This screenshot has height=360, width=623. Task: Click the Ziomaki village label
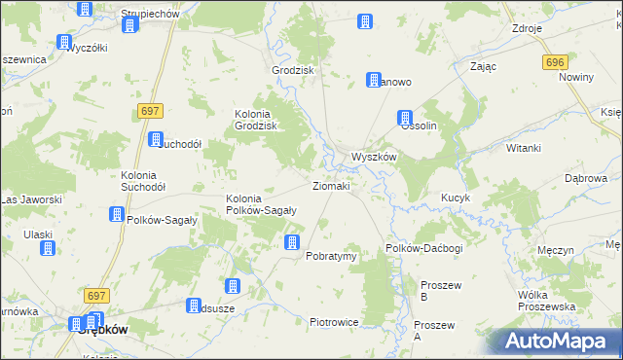(x=331, y=185)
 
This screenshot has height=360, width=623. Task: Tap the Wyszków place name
(x=373, y=157)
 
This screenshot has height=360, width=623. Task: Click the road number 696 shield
(x=555, y=62)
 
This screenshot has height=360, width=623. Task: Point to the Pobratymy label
(x=332, y=256)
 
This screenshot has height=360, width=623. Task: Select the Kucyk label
(x=456, y=198)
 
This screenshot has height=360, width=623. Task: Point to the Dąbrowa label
(x=586, y=179)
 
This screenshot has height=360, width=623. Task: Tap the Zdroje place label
(x=527, y=29)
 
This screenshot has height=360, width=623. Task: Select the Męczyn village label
(x=556, y=250)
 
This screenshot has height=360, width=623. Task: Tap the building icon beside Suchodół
(x=155, y=140)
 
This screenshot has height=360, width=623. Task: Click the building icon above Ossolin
(x=406, y=118)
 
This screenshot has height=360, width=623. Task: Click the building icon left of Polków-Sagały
(x=117, y=214)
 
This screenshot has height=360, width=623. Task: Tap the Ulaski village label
(x=39, y=234)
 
